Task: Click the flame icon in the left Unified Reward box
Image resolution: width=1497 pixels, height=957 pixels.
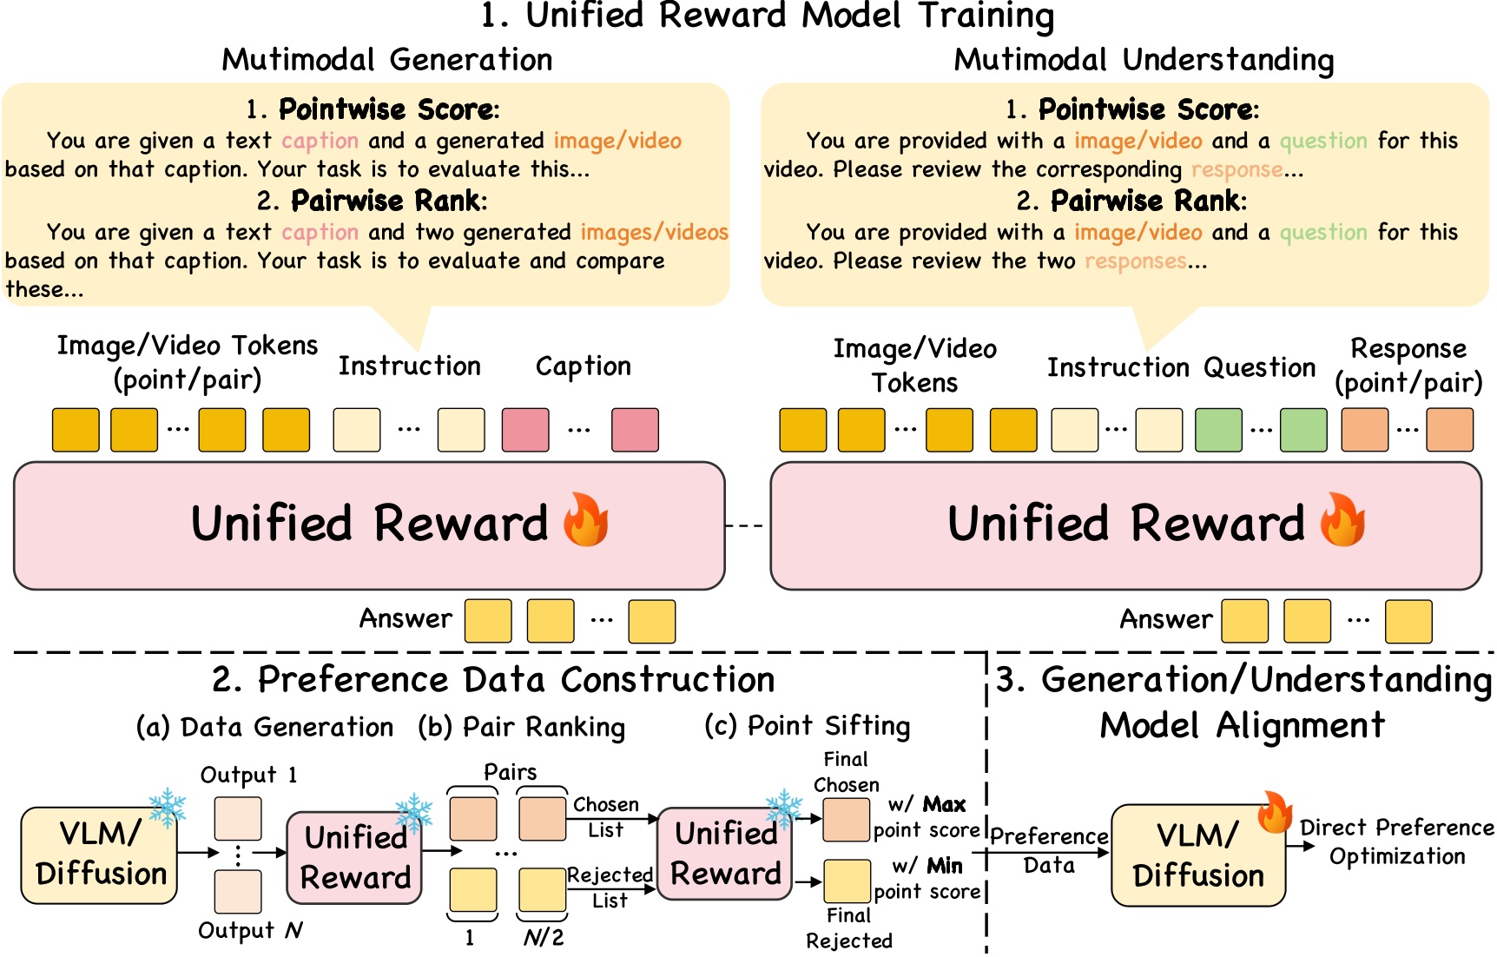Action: click(x=586, y=519)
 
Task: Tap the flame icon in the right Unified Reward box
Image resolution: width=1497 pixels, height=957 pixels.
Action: click(x=1342, y=519)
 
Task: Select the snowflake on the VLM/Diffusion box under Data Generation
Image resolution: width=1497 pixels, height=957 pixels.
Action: click(x=167, y=808)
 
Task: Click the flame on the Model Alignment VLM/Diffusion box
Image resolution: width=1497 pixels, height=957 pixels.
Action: click(x=1275, y=811)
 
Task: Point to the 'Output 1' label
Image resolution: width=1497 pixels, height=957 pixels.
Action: click(x=248, y=775)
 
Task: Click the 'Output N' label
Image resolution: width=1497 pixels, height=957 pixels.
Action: click(x=250, y=930)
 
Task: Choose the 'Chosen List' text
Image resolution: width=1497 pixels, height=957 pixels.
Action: click(x=605, y=817)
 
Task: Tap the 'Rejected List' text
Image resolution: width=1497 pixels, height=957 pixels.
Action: click(x=610, y=888)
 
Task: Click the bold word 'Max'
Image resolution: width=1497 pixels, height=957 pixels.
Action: click(x=944, y=804)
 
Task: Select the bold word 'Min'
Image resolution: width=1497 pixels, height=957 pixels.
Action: click(x=944, y=866)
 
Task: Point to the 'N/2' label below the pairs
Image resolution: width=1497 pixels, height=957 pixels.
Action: click(x=544, y=938)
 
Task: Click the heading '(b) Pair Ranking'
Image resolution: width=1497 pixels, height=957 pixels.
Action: click(x=521, y=727)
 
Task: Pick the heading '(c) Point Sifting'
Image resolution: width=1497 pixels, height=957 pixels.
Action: click(x=808, y=725)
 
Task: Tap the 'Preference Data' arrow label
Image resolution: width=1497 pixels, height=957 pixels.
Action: click(x=1049, y=850)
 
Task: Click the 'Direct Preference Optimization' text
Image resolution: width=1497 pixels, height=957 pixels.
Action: click(x=1396, y=841)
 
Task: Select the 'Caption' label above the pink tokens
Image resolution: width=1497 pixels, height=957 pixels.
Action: click(x=583, y=366)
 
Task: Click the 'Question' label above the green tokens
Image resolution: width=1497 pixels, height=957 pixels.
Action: click(x=1260, y=367)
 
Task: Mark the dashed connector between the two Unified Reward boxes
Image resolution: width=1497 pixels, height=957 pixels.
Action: click(x=744, y=525)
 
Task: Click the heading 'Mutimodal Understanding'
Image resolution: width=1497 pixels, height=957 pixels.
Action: click(x=1144, y=60)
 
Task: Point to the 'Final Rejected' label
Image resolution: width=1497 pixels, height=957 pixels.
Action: click(x=848, y=927)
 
